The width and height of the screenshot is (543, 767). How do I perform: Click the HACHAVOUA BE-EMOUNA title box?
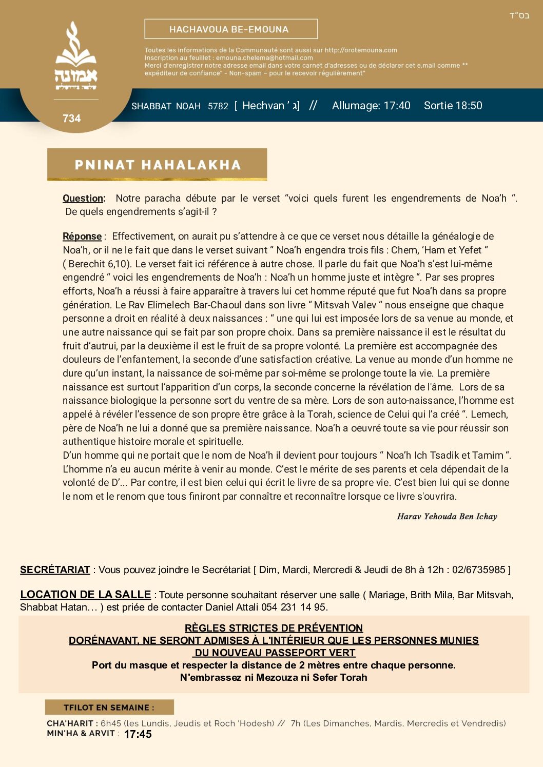click(231, 29)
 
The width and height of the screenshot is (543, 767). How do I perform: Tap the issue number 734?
click(71, 119)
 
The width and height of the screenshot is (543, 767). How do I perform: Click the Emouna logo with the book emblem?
click(76, 56)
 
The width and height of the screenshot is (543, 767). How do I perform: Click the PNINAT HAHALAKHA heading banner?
click(157, 165)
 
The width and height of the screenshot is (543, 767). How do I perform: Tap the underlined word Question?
click(83, 199)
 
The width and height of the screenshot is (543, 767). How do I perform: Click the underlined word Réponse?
click(82, 237)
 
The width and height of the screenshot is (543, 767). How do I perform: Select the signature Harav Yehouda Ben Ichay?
click(447, 517)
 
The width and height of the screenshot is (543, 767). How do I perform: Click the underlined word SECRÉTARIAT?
click(55, 570)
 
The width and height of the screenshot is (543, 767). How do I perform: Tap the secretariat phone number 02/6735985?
click(479, 570)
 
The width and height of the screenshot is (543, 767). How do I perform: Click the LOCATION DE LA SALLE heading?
click(85, 595)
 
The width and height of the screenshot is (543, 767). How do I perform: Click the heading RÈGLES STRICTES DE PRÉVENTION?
click(274, 628)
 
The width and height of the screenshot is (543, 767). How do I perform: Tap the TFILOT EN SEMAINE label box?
click(109, 707)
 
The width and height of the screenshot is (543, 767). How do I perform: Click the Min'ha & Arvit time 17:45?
click(138, 734)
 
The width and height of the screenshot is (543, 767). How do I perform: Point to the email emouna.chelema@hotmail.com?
click(264, 58)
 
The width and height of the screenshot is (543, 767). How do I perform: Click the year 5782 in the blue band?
click(218, 106)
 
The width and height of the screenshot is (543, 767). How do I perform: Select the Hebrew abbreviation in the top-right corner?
click(519, 16)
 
